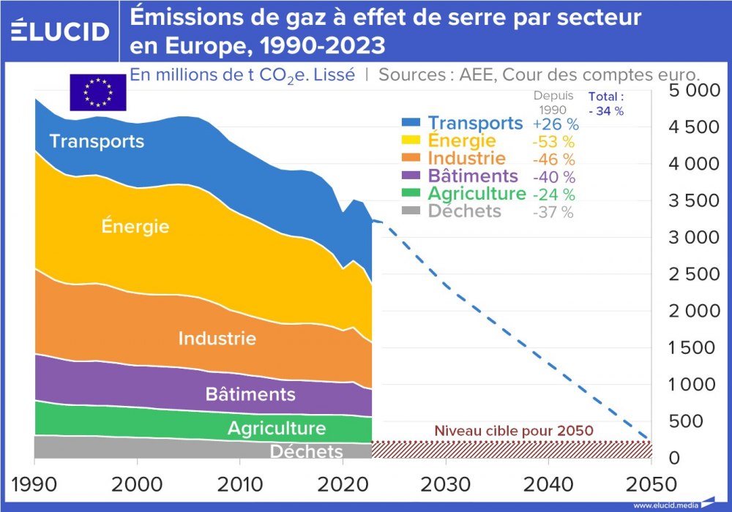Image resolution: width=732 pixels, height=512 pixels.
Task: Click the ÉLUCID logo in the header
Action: [x=61, y=31]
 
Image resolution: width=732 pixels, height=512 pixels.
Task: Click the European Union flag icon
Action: [x=98, y=92]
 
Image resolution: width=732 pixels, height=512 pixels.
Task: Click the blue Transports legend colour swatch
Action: [x=411, y=124]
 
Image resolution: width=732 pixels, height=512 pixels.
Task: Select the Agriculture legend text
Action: [x=477, y=194]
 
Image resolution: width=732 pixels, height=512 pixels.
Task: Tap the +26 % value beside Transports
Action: [x=556, y=124]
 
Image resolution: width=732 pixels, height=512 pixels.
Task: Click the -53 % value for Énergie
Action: [x=554, y=142]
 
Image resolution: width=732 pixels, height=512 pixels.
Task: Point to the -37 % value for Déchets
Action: [x=553, y=212]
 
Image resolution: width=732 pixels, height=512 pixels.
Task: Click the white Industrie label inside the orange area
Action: [x=217, y=339]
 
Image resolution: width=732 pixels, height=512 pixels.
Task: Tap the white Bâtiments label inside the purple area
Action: [x=250, y=395]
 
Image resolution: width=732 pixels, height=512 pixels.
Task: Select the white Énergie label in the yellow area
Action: [x=135, y=226]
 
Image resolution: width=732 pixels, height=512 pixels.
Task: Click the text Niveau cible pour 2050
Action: [x=513, y=431]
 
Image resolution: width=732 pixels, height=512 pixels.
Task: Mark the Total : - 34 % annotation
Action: [x=606, y=104]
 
